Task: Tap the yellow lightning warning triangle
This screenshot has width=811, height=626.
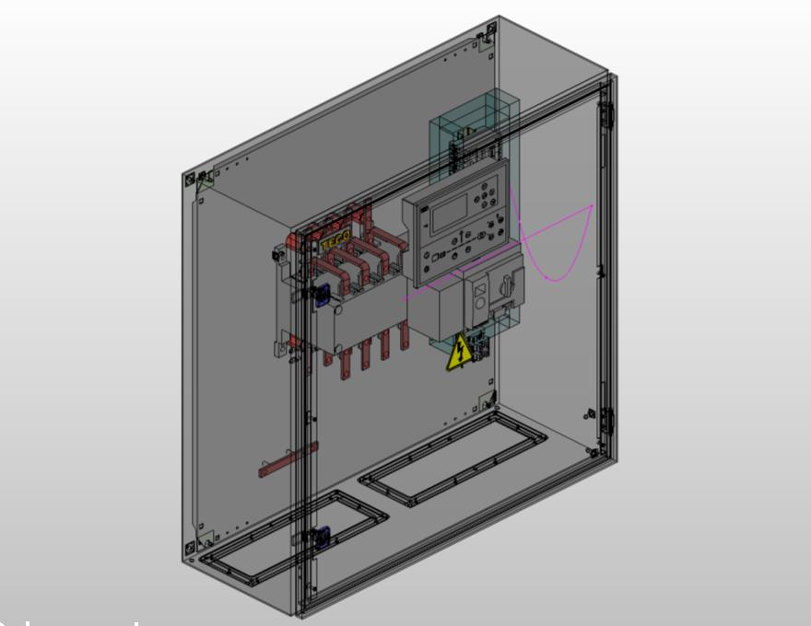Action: tap(458, 355)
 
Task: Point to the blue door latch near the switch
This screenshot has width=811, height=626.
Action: tap(322, 295)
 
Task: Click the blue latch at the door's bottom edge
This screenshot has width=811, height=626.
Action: tap(322, 536)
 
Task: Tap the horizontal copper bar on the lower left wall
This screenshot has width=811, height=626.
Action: tap(288, 459)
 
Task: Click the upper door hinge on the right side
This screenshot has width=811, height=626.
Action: tap(605, 114)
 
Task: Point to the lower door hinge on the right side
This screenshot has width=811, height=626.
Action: tap(606, 423)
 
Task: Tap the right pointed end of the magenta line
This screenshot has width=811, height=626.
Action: tap(591, 206)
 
